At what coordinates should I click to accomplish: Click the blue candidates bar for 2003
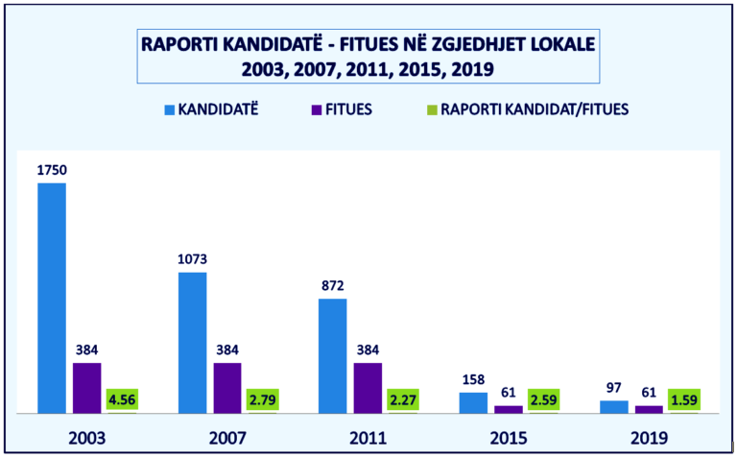pos(52,298)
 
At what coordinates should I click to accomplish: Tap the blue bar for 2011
pos(333,356)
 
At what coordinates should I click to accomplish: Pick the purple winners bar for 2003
pos(87,388)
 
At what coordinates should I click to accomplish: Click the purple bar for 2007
pos(227,388)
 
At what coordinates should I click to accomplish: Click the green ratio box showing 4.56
pos(122,398)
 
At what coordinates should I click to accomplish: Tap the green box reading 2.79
pos(263,398)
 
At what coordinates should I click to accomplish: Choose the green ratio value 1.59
pos(684,398)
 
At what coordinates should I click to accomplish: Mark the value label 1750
pos(52,170)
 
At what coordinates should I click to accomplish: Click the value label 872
pos(333,286)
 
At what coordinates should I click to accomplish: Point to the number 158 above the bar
pos(473,379)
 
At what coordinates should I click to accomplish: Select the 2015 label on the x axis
pos(509,438)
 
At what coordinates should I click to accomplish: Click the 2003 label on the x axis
pos(87,438)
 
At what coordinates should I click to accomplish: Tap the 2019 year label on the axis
pos(649,438)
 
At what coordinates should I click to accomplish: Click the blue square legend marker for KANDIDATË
pos(169,108)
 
